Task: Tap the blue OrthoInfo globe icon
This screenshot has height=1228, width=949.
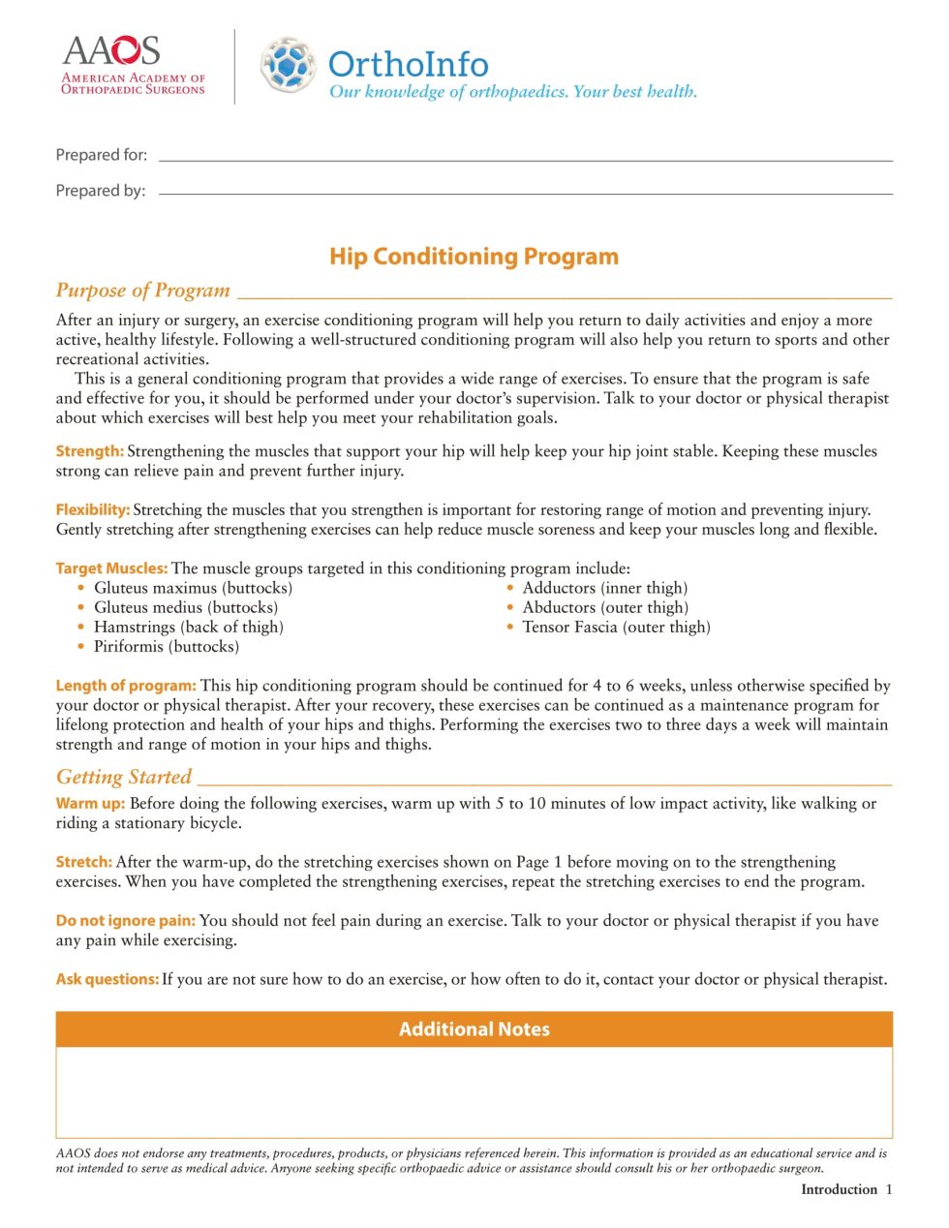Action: [288, 65]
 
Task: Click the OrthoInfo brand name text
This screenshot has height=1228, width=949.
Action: [408, 64]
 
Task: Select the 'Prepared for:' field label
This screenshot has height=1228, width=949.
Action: [102, 155]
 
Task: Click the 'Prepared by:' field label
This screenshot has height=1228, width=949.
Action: [101, 191]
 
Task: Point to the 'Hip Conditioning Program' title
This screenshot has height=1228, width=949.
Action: [474, 257]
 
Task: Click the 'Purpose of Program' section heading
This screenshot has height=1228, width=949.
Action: [143, 291]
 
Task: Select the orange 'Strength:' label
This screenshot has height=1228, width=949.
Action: [89, 451]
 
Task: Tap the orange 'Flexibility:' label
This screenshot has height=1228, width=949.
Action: [93, 509]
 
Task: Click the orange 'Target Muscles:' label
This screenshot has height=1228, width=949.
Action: [111, 568]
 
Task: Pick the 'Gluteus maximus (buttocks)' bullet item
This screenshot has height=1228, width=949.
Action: [193, 588]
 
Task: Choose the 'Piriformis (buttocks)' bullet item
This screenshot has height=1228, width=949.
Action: [166, 646]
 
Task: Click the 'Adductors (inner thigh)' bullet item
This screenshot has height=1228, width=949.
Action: [604, 588]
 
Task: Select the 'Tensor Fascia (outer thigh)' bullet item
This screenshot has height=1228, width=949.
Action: [616, 627]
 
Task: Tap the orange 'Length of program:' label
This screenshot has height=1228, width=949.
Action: [126, 686]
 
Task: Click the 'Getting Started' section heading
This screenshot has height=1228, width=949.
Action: [124, 777]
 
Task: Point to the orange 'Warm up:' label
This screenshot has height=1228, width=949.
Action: [90, 803]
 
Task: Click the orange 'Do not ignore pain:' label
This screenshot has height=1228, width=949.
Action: [125, 920]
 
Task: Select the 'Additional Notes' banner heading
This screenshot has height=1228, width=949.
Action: [474, 1029]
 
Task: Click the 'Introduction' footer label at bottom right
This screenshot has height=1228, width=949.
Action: [839, 1189]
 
